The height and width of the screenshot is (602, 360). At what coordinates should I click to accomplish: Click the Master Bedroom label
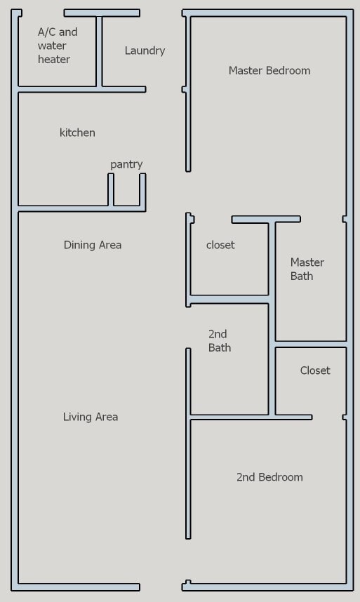(x=269, y=70)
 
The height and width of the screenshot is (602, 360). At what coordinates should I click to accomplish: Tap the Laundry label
(x=145, y=51)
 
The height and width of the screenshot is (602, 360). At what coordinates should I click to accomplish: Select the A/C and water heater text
(x=57, y=46)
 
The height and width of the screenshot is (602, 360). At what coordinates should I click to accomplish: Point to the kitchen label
(x=77, y=133)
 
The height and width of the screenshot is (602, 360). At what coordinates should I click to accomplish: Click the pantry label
(x=126, y=164)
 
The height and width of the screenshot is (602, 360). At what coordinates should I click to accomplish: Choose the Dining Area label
(x=93, y=245)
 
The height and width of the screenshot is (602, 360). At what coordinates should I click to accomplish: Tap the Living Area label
(x=91, y=417)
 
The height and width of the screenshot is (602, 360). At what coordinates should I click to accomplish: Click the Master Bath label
(x=307, y=269)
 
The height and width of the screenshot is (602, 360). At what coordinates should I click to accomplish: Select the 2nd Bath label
(x=220, y=340)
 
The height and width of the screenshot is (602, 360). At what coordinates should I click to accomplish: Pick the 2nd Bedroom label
(x=269, y=477)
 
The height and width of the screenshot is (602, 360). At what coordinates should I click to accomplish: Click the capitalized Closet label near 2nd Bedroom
(x=315, y=370)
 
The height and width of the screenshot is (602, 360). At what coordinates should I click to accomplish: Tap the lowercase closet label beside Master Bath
(x=220, y=245)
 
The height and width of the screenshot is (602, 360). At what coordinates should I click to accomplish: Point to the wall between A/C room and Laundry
(x=99, y=51)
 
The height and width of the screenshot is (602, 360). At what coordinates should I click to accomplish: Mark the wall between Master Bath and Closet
(x=310, y=344)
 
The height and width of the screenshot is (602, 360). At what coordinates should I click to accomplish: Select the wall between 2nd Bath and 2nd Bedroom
(x=232, y=417)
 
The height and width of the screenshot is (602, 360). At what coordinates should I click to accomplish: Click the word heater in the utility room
(x=54, y=60)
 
